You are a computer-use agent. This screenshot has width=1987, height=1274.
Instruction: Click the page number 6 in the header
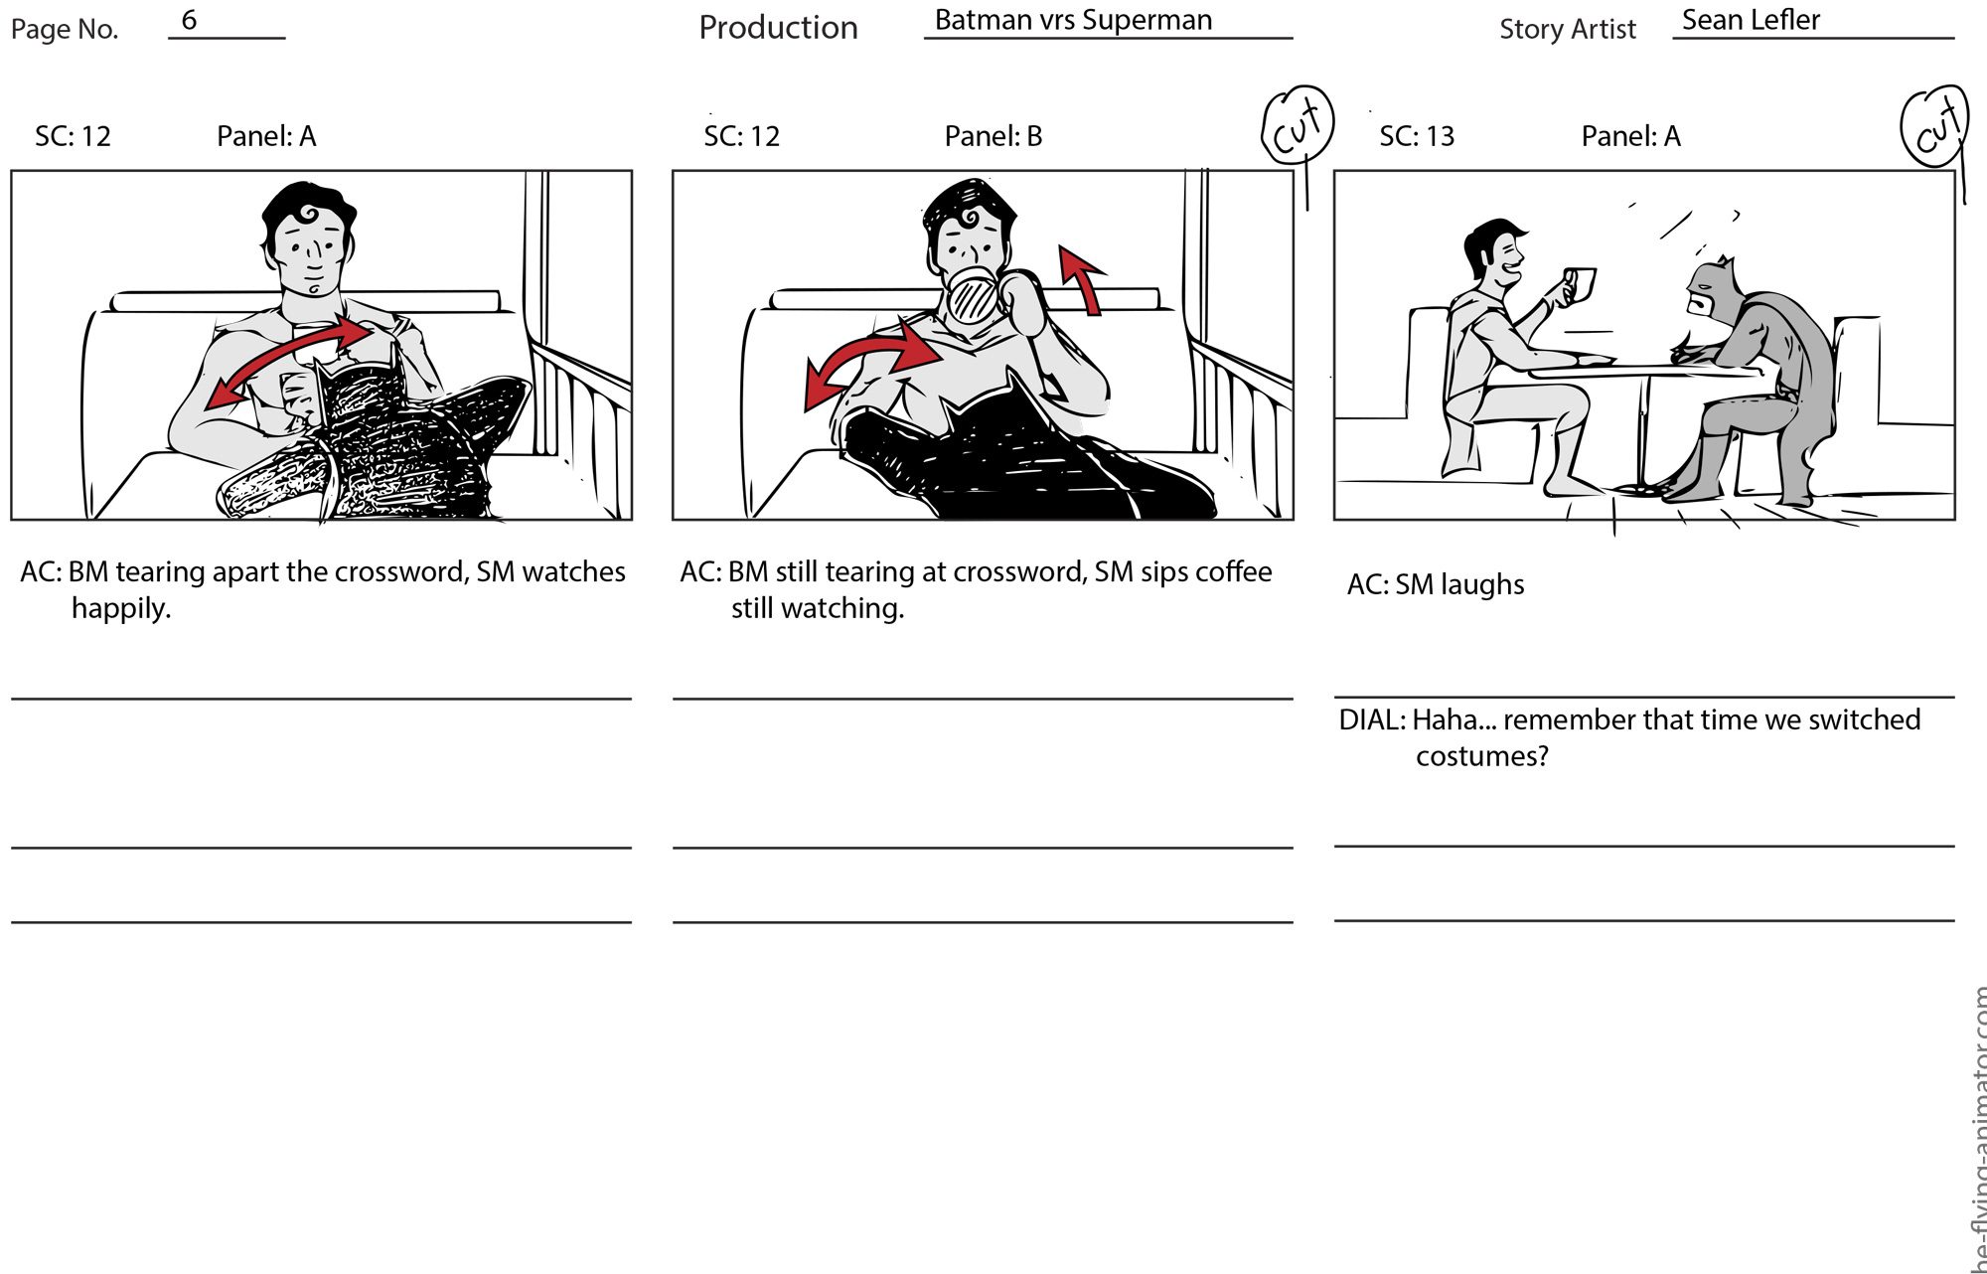point(189,20)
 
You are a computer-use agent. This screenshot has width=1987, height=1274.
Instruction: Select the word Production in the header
point(778,27)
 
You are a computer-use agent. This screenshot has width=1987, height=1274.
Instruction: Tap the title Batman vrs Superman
point(1073,20)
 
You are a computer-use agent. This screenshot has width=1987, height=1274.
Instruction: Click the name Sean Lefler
point(1751,20)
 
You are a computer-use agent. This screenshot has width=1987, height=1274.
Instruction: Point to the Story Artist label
point(1567,29)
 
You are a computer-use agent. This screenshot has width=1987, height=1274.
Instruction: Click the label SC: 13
point(1417,136)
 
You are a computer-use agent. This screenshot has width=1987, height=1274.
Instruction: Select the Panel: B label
point(993,136)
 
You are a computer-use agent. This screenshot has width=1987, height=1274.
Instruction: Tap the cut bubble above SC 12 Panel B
point(1298,123)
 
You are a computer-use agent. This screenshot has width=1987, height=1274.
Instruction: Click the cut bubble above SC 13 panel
point(1934,125)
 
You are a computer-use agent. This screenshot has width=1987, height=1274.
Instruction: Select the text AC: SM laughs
point(1436,584)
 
